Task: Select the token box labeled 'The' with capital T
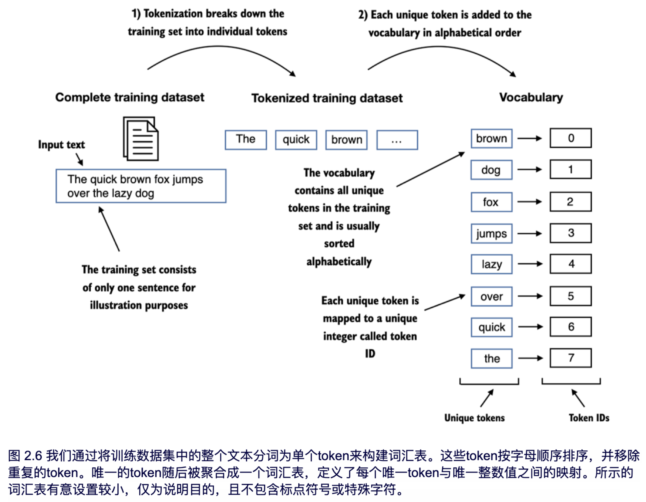click(245, 140)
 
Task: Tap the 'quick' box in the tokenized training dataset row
click(296, 140)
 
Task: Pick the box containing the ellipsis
click(397, 140)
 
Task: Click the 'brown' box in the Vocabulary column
click(491, 138)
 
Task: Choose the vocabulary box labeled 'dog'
click(491, 170)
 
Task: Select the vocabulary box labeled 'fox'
click(491, 202)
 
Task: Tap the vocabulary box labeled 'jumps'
click(491, 234)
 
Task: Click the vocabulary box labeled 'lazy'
click(491, 264)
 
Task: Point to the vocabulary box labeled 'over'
click(491, 296)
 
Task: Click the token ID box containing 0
click(570, 138)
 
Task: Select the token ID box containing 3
click(570, 233)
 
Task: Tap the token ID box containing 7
click(570, 358)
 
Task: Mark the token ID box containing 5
click(570, 296)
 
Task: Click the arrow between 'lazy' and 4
click(530, 264)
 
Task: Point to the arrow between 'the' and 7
click(531, 358)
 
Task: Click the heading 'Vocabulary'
click(531, 97)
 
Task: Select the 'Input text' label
click(61, 145)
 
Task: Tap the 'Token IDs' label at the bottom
click(589, 418)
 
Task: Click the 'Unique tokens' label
click(475, 418)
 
